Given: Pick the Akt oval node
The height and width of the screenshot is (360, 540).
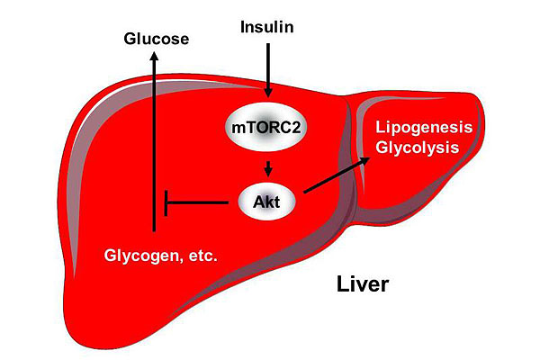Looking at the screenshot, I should coord(267,202).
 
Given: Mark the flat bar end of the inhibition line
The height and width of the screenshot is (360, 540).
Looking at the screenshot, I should coord(167,202).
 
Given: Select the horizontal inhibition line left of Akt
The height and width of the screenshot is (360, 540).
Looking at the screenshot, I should coord(198,202).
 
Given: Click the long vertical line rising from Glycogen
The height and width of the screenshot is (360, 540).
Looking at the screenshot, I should coord(154,153).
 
